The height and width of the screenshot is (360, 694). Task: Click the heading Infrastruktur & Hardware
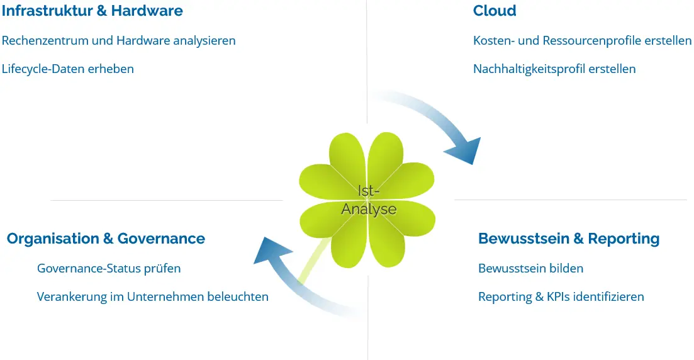(92, 11)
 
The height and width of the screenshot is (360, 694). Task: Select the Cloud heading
(495, 11)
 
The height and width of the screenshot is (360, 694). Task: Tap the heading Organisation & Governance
(106, 239)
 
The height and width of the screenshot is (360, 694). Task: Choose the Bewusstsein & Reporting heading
(569, 239)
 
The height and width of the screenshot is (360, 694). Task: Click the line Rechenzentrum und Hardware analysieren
(119, 40)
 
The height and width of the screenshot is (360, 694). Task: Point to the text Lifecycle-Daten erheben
(68, 69)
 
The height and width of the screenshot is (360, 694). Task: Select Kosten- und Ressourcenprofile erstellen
(582, 40)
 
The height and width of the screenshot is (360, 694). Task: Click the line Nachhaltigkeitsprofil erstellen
(554, 69)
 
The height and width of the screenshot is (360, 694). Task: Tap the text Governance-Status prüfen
(109, 268)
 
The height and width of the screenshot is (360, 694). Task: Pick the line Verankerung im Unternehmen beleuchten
(153, 296)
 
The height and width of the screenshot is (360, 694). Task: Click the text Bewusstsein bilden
(530, 268)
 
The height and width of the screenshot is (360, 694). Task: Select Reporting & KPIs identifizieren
(561, 296)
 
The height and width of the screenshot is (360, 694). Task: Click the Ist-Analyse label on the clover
(369, 200)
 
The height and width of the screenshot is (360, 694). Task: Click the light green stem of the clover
(314, 265)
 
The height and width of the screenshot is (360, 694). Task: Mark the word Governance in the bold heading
(161, 239)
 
